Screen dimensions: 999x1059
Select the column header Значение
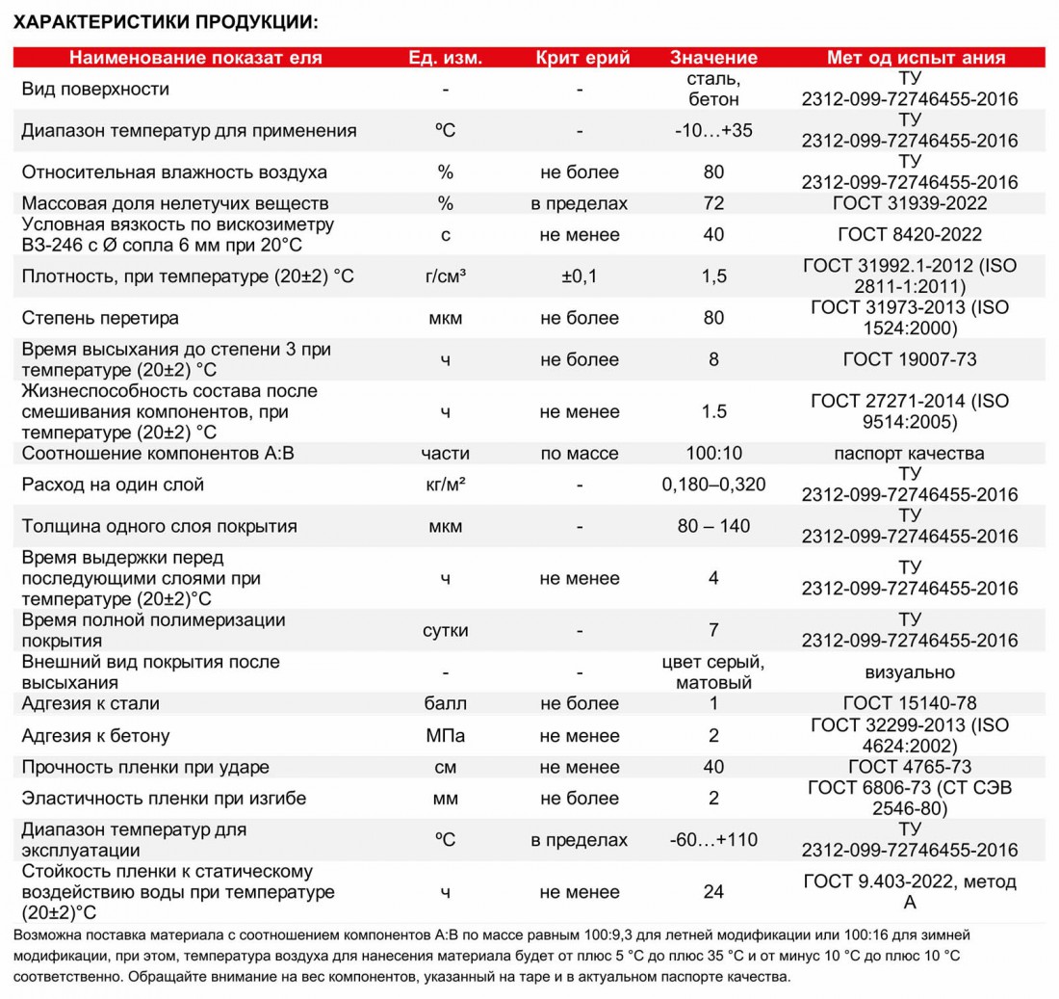pos(713,57)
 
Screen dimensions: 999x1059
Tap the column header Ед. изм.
pos(445,57)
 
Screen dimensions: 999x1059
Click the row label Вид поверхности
pos(95,89)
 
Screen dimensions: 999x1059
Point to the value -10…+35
pos(713,130)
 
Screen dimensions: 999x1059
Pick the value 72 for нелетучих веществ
pos(713,203)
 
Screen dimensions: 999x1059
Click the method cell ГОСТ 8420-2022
pos(910,234)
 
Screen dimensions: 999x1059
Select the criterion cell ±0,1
pos(580,276)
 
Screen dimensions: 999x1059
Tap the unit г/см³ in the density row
pos(445,276)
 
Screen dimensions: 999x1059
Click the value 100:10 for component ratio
pos(713,453)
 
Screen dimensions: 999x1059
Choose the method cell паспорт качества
pos(910,453)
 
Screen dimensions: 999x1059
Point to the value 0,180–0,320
pos(713,485)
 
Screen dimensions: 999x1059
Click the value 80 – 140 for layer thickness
pos(713,526)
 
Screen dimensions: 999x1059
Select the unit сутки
pos(445,631)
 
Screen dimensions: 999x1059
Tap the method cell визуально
pos(910,672)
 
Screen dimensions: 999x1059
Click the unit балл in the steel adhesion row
pos(445,703)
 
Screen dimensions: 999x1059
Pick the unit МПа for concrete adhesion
pos(445,736)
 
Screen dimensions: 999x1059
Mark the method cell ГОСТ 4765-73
pos(910,767)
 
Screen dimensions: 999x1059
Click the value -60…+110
pos(713,840)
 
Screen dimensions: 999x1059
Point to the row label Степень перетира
pos(100,318)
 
